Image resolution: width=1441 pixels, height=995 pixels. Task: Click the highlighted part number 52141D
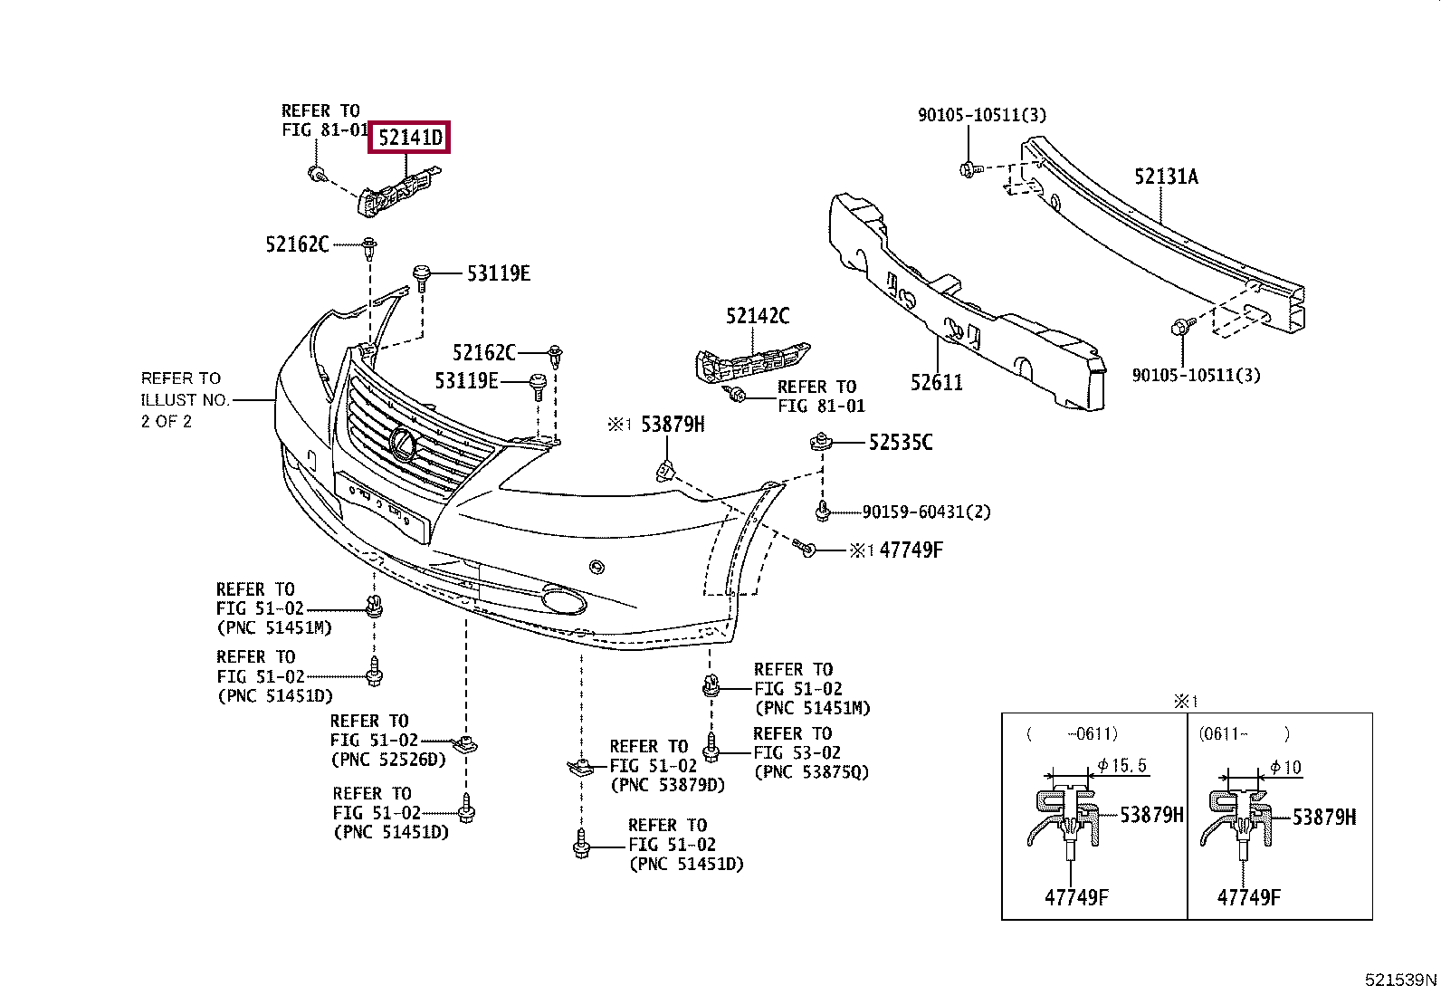[410, 139]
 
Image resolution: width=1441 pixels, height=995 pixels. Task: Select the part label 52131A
[1166, 177]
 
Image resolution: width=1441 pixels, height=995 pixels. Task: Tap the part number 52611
[936, 383]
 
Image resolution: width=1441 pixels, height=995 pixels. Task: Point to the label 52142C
[757, 316]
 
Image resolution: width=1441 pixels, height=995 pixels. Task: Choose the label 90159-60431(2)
[925, 512]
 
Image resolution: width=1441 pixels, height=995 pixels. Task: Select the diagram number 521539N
[1400, 981]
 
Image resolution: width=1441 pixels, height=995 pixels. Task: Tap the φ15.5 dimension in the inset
[1121, 766]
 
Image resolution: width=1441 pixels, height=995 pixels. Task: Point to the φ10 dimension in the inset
[1285, 768]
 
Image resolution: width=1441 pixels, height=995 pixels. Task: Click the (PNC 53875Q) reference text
[810, 772]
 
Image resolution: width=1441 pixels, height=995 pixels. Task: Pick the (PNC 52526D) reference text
[388, 760]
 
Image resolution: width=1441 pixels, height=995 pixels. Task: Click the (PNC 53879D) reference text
[667, 785]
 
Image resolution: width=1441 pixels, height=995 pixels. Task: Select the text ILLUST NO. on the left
[185, 399]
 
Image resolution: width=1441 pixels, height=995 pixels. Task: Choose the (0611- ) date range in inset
[1244, 734]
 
